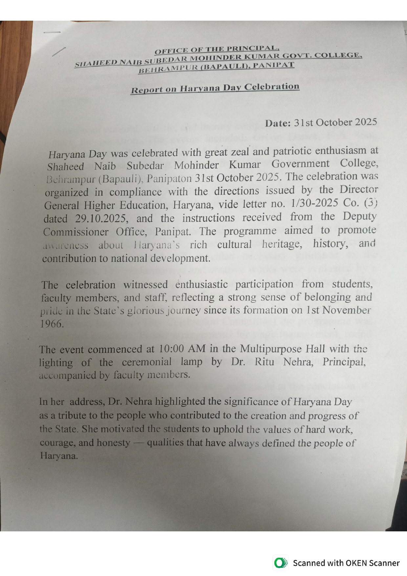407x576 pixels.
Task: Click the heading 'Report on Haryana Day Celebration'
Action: (x=215, y=88)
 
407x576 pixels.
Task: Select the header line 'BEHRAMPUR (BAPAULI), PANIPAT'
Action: (x=216, y=67)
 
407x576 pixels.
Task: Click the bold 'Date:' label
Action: (x=278, y=123)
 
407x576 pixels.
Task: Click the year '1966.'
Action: (x=52, y=324)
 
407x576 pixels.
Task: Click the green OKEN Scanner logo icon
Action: (x=280, y=563)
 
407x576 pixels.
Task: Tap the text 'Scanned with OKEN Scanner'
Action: (x=346, y=563)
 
